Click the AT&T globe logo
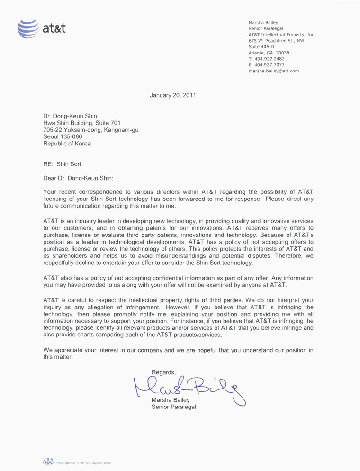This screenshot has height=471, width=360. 27,28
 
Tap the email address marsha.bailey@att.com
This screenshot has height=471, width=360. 273,71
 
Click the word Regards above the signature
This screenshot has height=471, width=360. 164,371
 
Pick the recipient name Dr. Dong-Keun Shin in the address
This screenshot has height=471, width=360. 70,115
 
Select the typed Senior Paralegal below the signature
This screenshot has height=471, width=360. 173,408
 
